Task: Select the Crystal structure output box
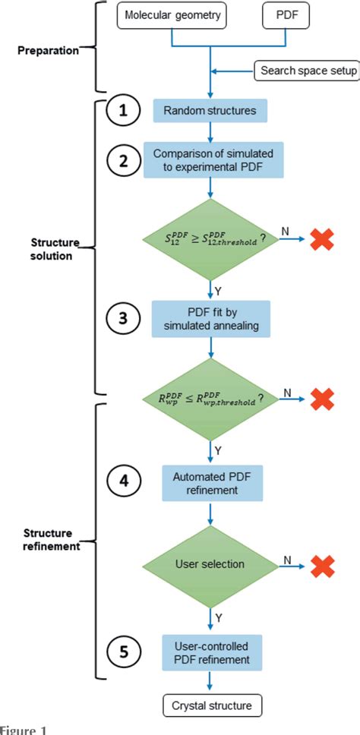click(210, 706)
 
